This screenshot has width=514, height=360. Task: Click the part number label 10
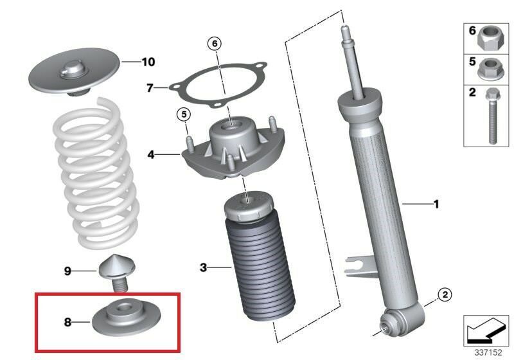point(148,62)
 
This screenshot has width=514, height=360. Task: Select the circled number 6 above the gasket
point(215,44)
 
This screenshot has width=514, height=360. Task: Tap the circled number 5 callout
point(184,114)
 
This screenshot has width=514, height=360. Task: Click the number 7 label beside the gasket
point(150,88)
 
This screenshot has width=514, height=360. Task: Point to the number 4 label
point(151,154)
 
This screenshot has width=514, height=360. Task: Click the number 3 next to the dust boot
point(204,267)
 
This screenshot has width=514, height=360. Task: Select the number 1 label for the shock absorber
point(436,204)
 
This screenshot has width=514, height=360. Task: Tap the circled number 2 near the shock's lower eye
point(445,294)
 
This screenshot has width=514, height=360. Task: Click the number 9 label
point(67,271)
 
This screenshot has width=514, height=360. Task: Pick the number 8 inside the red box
point(67,322)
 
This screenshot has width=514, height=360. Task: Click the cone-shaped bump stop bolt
point(117,271)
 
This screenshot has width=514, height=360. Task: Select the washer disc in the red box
point(126,318)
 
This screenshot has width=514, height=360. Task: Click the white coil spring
point(97,174)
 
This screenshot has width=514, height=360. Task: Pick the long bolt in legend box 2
point(492,116)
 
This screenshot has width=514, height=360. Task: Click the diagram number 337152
point(488,352)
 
